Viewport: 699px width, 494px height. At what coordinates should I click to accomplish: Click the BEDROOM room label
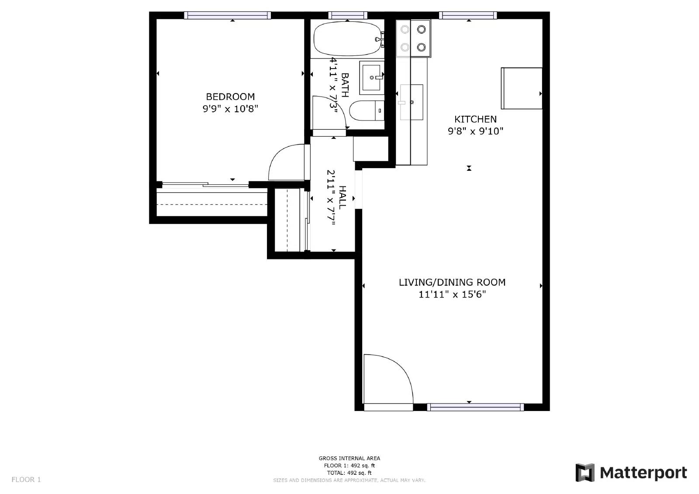[x=230, y=97]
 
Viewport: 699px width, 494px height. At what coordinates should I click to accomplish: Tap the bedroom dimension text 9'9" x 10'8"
[x=230, y=108]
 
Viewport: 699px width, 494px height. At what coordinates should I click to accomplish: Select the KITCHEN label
[x=475, y=119]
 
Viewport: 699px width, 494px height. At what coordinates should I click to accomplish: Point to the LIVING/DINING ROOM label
[x=452, y=282]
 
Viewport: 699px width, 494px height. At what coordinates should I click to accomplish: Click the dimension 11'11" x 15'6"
[x=452, y=294]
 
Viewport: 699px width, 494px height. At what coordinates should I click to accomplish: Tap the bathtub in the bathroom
[x=347, y=39]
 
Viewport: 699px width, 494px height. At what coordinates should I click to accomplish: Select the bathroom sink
[x=371, y=78]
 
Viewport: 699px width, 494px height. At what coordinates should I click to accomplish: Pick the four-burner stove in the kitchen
[x=413, y=38]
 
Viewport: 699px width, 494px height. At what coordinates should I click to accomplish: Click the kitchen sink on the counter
[x=412, y=102]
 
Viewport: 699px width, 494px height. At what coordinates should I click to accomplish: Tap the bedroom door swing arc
[x=286, y=162]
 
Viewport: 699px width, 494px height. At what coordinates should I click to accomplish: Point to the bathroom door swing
[x=330, y=113]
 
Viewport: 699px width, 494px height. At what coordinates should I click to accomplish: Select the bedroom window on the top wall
[x=227, y=15]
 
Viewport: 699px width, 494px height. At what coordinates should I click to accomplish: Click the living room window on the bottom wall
[x=475, y=407]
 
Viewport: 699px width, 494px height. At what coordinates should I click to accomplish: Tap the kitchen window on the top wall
[x=467, y=15]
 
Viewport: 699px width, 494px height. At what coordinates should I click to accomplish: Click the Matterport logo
[x=631, y=473]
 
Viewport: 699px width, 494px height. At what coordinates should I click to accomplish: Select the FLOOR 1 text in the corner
[x=26, y=480]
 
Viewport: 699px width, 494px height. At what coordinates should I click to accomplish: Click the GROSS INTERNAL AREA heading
[x=349, y=458]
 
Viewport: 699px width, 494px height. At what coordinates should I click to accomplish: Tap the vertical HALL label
[x=343, y=197]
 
